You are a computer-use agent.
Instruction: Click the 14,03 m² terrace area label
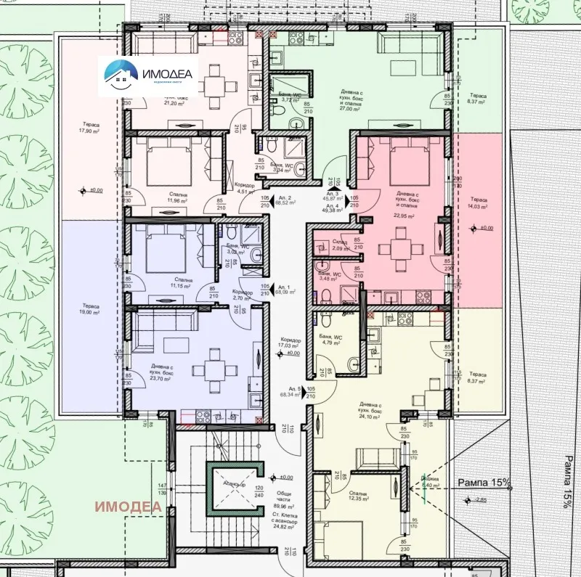point(478,206)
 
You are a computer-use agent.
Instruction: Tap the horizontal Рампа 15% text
point(484,482)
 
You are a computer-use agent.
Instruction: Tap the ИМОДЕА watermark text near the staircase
point(130,506)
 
